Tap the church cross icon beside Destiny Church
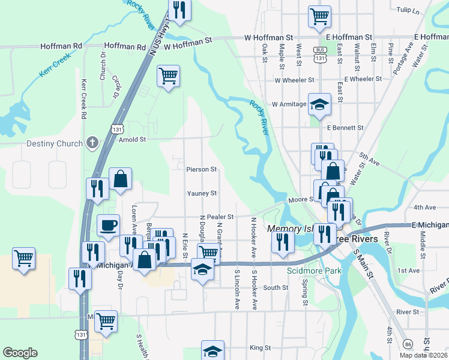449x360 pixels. point(92,143)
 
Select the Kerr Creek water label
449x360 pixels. point(55,65)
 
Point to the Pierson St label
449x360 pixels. point(201,170)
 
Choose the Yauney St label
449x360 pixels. point(201,193)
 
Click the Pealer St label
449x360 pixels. point(221,217)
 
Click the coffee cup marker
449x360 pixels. point(108,226)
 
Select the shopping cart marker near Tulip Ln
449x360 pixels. point(320,16)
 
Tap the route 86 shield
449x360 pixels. point(408,344)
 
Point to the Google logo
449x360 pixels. point(20,352)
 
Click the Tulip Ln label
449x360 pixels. point(408,11)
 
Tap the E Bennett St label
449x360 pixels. point(345,128)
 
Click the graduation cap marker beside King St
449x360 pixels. point(212,350)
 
